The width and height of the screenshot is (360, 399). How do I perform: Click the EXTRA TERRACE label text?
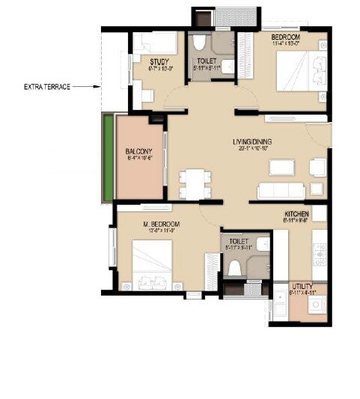pyautogui.click(x=46, y=88)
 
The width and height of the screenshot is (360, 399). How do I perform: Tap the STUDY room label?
pyautogui.click(x=158, y=62)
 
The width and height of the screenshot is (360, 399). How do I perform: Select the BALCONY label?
pyautogui.click(x=138, y=151)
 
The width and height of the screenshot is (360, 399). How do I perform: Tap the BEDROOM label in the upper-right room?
pyautogui.click(x=285, y=37)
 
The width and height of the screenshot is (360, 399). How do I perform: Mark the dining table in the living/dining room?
pyautogui.click(x=194, y=181)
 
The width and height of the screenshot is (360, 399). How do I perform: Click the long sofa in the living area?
pyautogui.click(x=278, y=189)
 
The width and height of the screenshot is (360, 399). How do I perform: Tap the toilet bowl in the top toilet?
pyautogui.click(x=200, y=46)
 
